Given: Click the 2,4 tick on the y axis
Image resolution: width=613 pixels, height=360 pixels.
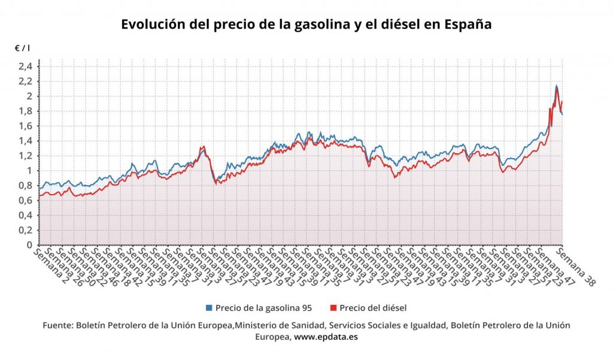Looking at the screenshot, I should (25, 66).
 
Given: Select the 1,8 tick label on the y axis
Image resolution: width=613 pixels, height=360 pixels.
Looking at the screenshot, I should (25, 111).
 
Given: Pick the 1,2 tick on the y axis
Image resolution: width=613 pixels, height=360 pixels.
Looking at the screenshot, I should (25, 156).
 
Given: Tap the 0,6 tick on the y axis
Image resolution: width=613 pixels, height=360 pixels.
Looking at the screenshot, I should (25, 200).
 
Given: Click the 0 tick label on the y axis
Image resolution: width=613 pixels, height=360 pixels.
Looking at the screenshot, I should (29, 245).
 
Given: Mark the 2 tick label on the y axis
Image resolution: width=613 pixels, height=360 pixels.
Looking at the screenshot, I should (29, 96).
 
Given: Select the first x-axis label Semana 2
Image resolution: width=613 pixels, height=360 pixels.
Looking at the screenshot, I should (54, 267).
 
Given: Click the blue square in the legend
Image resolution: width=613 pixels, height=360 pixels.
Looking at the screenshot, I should (209, 308).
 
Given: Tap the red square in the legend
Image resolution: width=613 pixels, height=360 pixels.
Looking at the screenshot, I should (333, 308).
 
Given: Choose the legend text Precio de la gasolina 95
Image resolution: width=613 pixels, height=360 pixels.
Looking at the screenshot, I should (264, 308).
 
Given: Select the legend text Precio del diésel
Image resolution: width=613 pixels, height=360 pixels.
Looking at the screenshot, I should (373, 308).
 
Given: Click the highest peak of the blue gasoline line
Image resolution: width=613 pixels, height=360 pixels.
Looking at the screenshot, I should (557, 86).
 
